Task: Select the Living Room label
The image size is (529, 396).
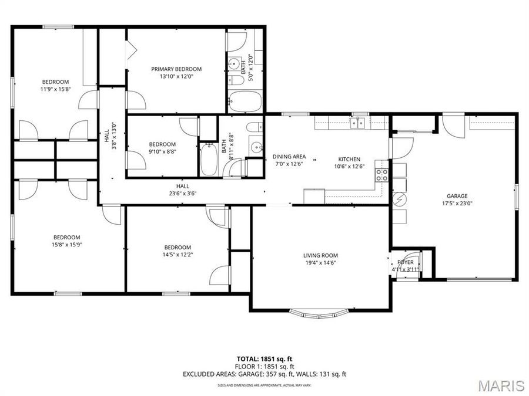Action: click(x=320, y=255)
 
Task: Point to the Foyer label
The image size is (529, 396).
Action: click(x=406, y=262)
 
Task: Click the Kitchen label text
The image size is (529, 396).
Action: click(x=349, y=159)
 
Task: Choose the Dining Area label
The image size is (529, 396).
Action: click(x=289, y=157)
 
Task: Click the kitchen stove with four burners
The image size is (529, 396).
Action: click(x=382, y=174)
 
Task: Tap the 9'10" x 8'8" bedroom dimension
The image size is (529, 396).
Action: click(x=162, y=152)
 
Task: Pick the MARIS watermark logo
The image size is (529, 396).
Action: click(x=501, y=385)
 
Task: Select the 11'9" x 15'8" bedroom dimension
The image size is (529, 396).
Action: click(x=55, y=89)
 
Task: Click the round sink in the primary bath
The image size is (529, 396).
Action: click(x=235, y=63)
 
